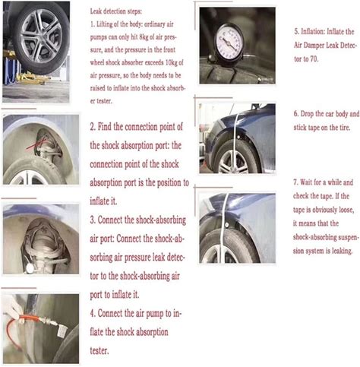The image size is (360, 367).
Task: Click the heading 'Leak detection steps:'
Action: point(116,11)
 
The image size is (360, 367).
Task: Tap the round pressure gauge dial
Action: point(229,41)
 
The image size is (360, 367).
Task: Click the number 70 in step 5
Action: point(314,59)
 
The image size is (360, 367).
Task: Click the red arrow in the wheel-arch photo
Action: point(36,144)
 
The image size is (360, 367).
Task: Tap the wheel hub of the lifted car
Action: point(40,36)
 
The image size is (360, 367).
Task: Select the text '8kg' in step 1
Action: point(144,37)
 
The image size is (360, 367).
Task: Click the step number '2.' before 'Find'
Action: point(93,126)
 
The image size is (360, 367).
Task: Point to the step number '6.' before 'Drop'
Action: point(296,114)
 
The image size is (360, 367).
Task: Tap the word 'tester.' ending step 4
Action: point(99,351)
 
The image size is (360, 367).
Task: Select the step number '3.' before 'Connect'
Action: point(93,220)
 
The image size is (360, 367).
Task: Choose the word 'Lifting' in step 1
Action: point(104,24)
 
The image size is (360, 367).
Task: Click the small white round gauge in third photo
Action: point(30,268)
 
